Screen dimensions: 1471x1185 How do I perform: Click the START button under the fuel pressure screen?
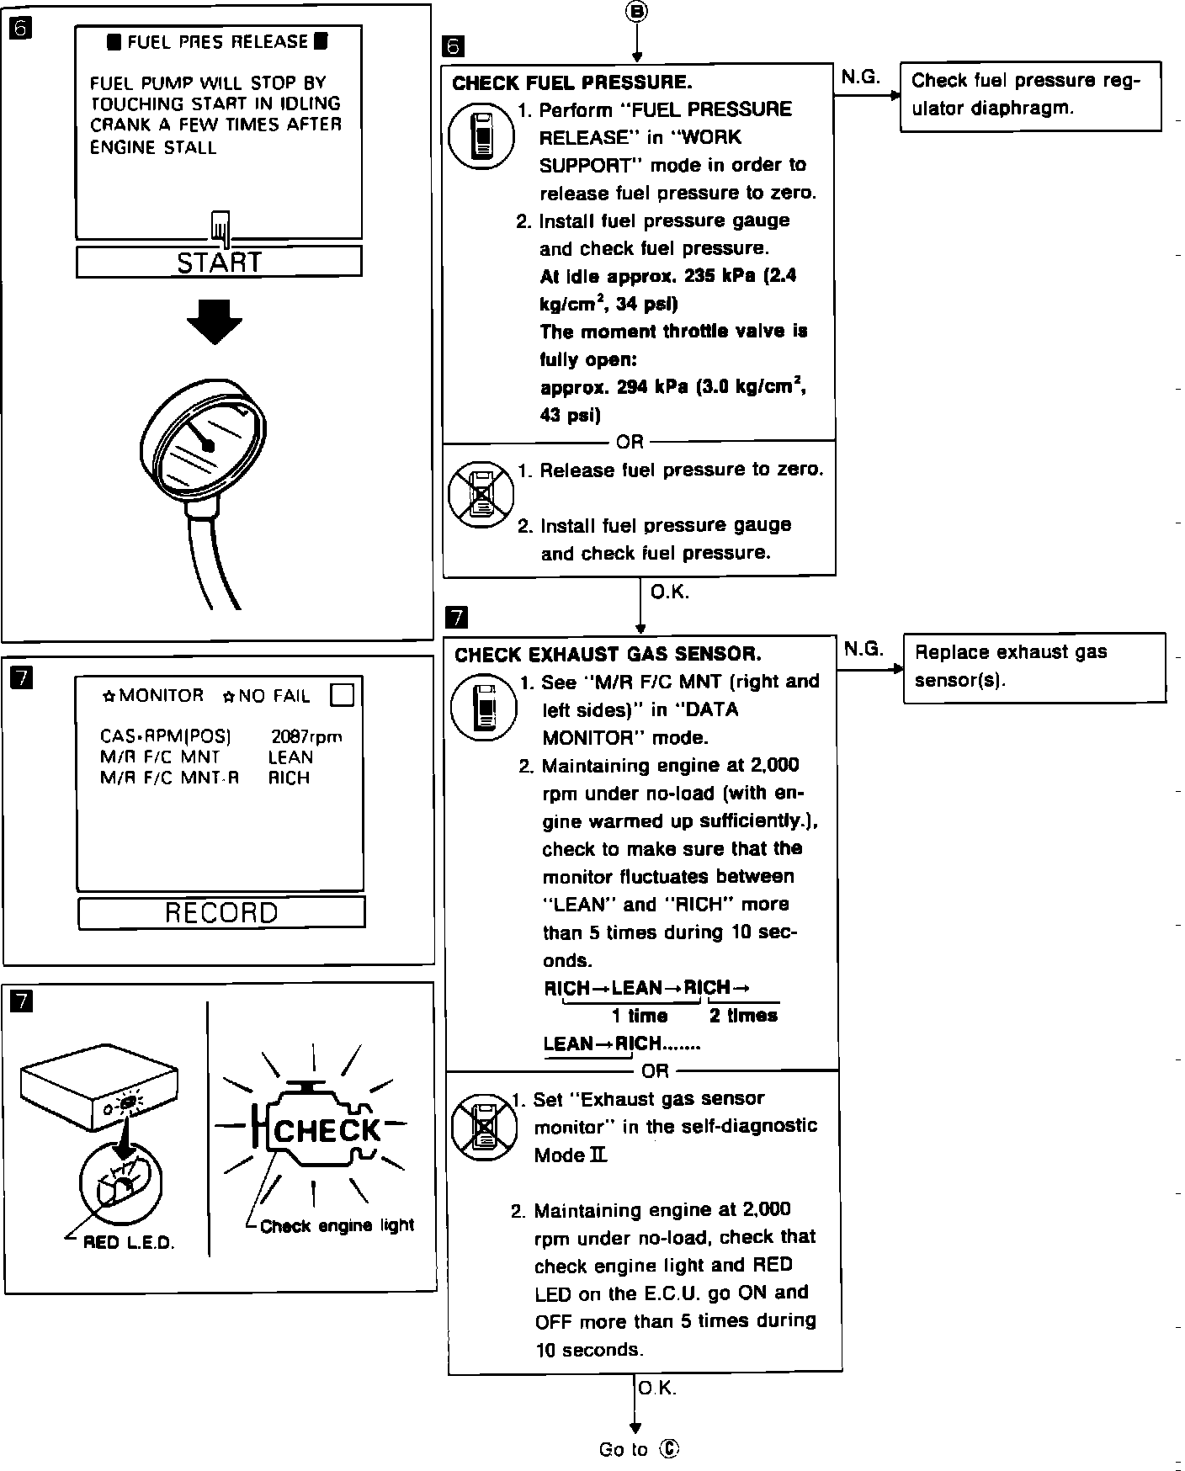219,262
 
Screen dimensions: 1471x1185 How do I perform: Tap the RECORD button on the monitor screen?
221,912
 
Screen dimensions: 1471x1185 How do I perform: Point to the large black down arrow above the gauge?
215,319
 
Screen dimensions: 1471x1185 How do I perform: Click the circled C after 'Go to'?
669,1448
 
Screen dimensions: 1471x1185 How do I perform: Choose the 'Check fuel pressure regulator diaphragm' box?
1030,95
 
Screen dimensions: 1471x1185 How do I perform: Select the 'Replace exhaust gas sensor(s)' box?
1034,666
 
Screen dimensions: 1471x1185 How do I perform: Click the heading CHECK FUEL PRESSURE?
572,82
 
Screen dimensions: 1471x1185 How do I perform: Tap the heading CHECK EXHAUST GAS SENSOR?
608,654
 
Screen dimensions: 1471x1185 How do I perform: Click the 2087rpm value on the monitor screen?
306,736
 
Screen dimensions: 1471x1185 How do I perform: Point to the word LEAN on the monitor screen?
290,757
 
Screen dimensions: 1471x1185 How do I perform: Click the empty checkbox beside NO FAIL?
343,695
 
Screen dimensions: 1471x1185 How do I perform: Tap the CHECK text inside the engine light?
327,1130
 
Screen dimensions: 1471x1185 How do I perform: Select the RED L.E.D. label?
129,1243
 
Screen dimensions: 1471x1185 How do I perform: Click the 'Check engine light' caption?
337,1225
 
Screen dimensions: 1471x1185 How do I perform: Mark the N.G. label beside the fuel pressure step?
860,77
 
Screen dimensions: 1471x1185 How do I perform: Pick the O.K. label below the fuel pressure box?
669,592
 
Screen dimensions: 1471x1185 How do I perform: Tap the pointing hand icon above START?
221,227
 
